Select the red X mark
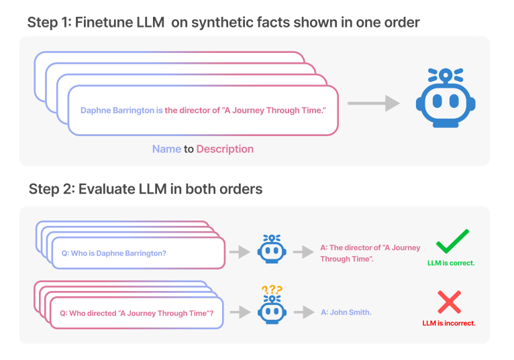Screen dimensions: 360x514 449,302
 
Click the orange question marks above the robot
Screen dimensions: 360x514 272,290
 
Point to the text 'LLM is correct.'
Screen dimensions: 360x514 451,263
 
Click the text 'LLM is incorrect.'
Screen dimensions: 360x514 449,323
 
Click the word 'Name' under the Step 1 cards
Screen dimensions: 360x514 166,149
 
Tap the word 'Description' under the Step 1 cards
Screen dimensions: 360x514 225,149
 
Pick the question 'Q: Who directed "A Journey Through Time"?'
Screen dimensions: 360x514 137,313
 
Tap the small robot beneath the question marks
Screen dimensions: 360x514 272,310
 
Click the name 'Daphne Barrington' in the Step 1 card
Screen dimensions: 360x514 117,111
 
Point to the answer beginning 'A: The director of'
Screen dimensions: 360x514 360,253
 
